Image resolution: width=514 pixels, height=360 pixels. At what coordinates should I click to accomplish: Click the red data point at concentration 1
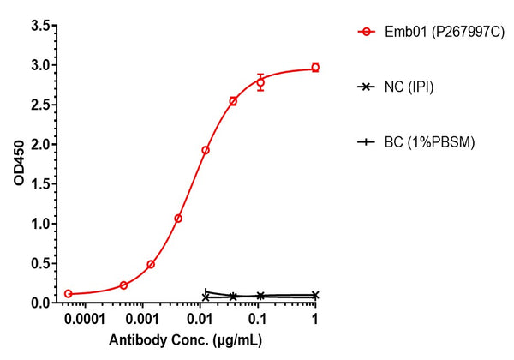click(x=315, y=67)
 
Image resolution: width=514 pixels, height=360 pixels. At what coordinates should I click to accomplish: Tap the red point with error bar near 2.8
click(x=260, y=82)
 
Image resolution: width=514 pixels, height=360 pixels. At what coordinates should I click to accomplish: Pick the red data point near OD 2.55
click(x=233, y=101)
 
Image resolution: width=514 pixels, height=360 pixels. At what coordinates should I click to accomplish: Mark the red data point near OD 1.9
click(x=206, y=150)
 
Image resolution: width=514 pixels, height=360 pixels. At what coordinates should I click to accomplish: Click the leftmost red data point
click(x=69, y=294)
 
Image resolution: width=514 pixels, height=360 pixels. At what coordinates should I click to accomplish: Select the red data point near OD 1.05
click(x=178, y=219)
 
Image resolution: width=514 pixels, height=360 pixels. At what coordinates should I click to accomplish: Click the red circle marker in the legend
click(x=367, y=33)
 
